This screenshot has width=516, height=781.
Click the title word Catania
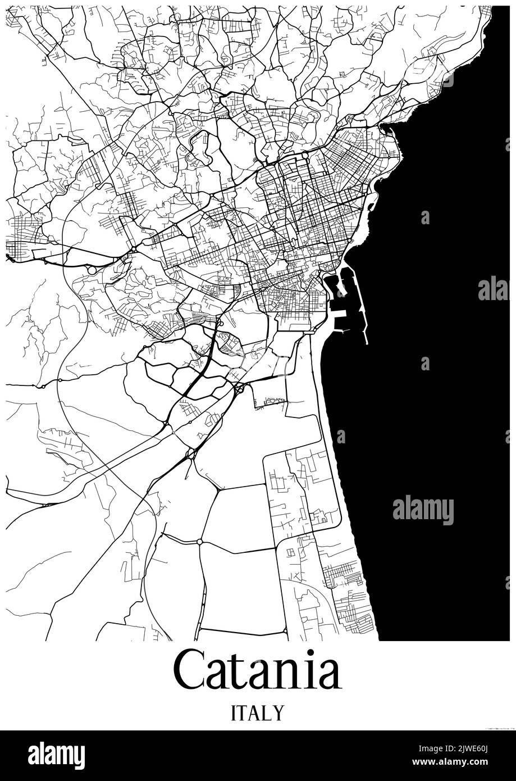[x=257, y=670]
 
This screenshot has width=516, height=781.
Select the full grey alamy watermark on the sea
[x=423, y=510]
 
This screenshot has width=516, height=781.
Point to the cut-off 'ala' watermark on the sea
[x=493, y=289]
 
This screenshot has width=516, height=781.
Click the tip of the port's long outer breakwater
[x=367, y=343]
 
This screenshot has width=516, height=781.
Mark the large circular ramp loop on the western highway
[x=92, y=270]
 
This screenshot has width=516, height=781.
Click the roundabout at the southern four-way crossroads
[x=199, y=542]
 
